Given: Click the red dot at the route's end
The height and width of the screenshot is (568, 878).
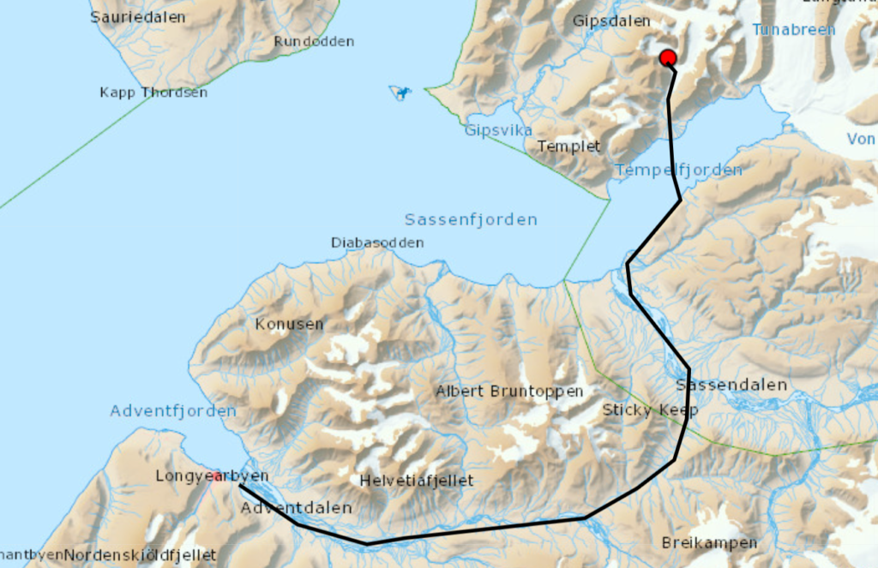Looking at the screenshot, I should tap(668, 58).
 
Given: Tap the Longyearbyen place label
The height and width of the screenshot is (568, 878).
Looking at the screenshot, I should tap(212, 475).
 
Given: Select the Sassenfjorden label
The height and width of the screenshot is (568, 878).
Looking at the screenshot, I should tap(471, 220).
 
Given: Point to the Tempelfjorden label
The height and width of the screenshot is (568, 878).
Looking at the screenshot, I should tap(678, 170).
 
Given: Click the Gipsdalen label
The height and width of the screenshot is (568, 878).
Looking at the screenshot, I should tap(611, 21).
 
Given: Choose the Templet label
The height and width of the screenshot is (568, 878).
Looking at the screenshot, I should tap(568, 146).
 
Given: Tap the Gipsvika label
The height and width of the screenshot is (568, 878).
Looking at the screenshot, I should tap(498, 130).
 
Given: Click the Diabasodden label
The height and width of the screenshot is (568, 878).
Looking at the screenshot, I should tap(377, 242).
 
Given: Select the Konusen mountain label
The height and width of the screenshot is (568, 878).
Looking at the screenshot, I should tap(289, 324).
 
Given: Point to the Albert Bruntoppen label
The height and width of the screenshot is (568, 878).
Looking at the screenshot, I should tap(509, 392).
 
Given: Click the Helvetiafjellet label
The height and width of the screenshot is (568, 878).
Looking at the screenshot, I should tap(417, 480).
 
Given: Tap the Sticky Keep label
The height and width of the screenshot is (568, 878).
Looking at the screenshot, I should tap(650, 410).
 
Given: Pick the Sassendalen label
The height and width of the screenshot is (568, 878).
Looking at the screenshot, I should tap(731, 385).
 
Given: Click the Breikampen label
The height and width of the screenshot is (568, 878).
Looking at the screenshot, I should tap(709, 542).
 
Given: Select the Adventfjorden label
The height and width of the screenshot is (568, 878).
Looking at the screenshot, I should tap(172, 411).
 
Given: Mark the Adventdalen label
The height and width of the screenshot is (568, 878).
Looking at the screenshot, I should tap(297, 508).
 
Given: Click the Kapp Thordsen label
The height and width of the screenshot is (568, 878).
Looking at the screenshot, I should tap(153, 93).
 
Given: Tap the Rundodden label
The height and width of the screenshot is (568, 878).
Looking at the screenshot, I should tap(314, 41).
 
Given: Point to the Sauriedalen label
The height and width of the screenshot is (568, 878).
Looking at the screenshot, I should tap(138, 16).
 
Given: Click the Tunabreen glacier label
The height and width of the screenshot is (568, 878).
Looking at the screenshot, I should tap(793, 29).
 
